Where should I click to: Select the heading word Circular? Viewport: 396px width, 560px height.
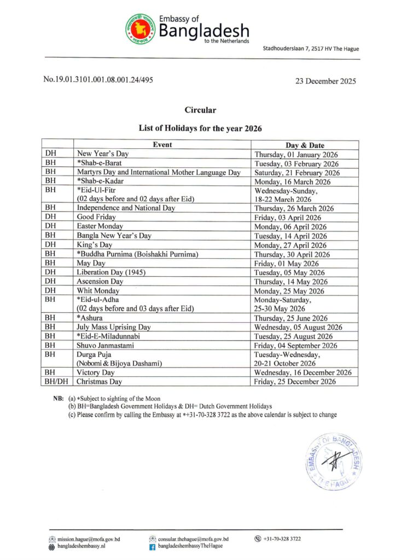pyautogui.click(x=200, y=110)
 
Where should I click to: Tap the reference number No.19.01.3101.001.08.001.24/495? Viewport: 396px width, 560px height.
pyautogui.click(x=98, y=80)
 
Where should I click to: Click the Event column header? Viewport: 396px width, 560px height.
pyautogui.click(x=162, y=145)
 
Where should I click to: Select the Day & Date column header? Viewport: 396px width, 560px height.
pyautogui.click(x=305, y=145)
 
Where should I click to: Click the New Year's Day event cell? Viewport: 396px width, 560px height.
pyautogui.click(x=103, y=154)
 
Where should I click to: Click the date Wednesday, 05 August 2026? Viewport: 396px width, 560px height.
pyautogui.click(x=298, y=327)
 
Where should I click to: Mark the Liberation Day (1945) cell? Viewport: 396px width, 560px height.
pyautogui.click(x=108, y=272)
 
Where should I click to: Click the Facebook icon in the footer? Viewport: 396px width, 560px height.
pyautogui.click(x=153, y=546)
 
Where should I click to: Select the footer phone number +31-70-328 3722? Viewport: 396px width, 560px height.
pyautogui.click(x=281, y=539)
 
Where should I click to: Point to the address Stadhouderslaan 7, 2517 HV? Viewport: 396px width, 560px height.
pyautogui.click(x=311, y=49)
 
